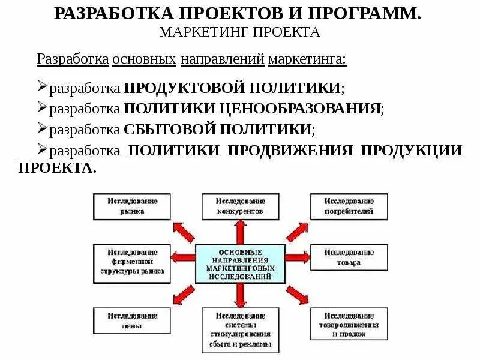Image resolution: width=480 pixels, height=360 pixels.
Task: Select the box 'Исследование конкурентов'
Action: click(x=240, y=206)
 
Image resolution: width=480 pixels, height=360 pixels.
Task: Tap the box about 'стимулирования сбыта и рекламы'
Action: click(x=240, y=329)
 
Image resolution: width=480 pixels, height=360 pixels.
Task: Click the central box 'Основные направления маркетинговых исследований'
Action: click(x=240, y=264)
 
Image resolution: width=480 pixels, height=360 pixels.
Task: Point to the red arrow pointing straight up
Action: click(x=240, y=230)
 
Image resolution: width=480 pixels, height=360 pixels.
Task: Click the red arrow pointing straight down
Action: click(x=240, y=295)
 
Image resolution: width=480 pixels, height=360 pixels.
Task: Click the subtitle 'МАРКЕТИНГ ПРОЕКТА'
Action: click(x=239, y=32)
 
